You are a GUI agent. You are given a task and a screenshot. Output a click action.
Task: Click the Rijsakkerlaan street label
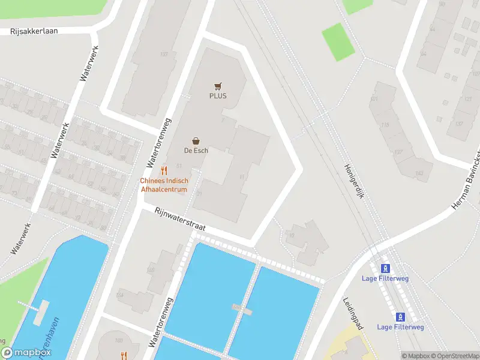pos(34,31)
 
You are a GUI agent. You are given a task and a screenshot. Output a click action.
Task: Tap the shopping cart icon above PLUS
pos(218,86)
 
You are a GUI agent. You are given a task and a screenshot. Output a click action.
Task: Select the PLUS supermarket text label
pos(218,96)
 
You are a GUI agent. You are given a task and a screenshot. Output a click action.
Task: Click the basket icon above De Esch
pos(196,140)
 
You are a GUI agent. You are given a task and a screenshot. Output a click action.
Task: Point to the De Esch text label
pos(196,151)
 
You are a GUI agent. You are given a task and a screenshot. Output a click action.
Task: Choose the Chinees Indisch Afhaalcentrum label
pos(164,185)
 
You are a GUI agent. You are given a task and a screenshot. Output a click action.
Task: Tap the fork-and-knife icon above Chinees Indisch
pos(164,171)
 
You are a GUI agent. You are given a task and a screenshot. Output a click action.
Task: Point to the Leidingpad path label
pos(353,314)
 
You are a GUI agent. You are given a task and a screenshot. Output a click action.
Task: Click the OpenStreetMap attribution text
pos(454,356)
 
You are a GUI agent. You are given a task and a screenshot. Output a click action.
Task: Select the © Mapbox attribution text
pos(416,356)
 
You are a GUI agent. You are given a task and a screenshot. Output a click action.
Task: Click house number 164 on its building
pos(120,295)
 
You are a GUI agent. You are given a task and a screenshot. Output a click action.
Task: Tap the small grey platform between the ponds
pos(242,309)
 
